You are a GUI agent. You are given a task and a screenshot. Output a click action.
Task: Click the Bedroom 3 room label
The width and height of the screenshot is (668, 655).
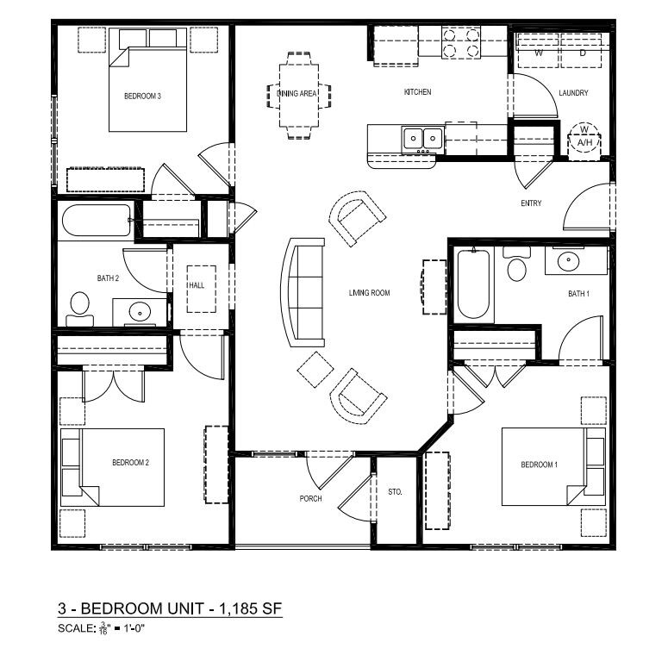pyautogui.click(x=142, y=97)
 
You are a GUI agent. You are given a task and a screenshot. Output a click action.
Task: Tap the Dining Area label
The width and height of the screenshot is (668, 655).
pyautogui.click(x=297, y=94)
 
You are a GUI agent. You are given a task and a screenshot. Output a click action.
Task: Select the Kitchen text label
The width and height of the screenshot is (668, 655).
pyautogui.click(x=417, y=92)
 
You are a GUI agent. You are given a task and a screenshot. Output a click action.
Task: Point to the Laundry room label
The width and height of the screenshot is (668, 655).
pyautogui.click(x=573, y=93)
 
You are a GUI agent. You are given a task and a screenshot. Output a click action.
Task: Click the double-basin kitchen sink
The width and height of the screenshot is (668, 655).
pyautogui.click(x=422, y=139)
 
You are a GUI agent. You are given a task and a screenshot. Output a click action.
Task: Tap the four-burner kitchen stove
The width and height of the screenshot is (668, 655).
pyautogui.click(x=461, y=41)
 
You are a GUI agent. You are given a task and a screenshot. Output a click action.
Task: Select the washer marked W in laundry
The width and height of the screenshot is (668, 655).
pyautogui.click(x=538, y=50)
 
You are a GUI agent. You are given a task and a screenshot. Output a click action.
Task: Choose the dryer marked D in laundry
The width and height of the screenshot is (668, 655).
pyautogui.click(x=582, y=50)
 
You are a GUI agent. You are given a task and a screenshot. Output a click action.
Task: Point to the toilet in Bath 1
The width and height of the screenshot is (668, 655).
pyautogui.click(x=517, y=264)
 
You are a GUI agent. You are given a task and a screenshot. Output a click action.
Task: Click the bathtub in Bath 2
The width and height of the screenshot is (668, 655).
pyautogui.click(x=97, y=220)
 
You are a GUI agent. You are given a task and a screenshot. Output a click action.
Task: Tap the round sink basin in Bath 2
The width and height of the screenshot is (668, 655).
pyautogui.click(x=140, y=313)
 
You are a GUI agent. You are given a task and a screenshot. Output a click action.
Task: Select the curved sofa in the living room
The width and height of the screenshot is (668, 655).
pyautogui.click(x=303, y=292)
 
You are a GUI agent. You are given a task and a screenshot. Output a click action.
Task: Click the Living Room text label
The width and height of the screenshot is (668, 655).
pyautogui.click(x=370, y=293)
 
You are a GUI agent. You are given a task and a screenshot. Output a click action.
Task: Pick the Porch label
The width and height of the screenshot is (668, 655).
pyautogui.click(x=310, y=499)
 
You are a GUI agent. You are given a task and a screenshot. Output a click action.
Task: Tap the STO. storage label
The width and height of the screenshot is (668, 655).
pyautogui.click(x=395, y=492)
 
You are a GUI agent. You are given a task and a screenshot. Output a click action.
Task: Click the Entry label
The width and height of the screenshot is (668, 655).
pyautogui.click(x=531, y=203)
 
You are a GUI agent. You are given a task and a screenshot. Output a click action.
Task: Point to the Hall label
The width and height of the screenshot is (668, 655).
pyautogui.click(x=197, y=285)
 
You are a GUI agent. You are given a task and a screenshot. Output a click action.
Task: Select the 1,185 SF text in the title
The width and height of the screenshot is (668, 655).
pyautogui.click(x=251, y=608)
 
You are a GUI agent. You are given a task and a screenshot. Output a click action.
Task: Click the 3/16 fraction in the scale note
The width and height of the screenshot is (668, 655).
pyautogui.click(x=103, y=628)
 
